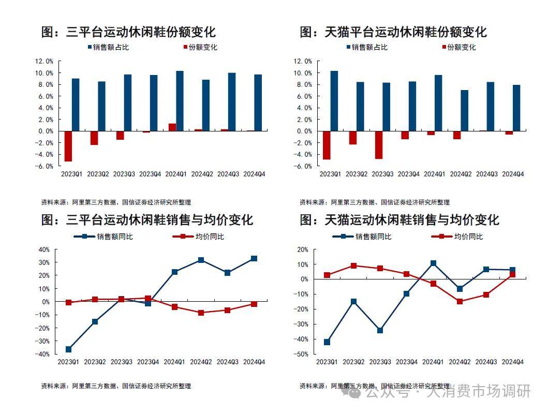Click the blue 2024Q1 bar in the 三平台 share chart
coord(180,101)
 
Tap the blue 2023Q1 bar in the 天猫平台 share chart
coord(334,101)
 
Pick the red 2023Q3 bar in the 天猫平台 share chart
coord(378,145)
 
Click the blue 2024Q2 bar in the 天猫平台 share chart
coord(464,110)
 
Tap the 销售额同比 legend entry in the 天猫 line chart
coord(369,237)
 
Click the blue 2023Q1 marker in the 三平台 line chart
coord(68,349)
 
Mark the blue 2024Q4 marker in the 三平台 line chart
coord(254,259)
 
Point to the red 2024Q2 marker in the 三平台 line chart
coord(201,313)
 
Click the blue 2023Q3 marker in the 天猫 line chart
coord(380,330)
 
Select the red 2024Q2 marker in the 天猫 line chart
coord(460,301)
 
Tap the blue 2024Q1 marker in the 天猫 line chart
coord(433,263)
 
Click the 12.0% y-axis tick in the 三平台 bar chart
coord(44,61)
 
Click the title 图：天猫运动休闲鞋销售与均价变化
coord(399,220)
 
